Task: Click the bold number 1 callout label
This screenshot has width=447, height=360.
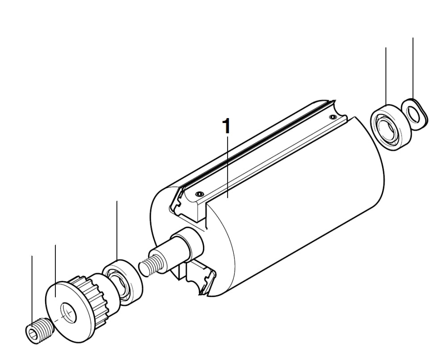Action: coord(228,126)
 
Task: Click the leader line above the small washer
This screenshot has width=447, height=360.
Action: coord(413,67)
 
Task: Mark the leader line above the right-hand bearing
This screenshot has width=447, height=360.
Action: coord(386,74)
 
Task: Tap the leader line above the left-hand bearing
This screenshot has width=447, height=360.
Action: coord(117,230)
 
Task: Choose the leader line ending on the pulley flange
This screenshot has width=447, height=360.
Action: coord(55,268)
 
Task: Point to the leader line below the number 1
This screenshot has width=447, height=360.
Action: coord(228,165)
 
